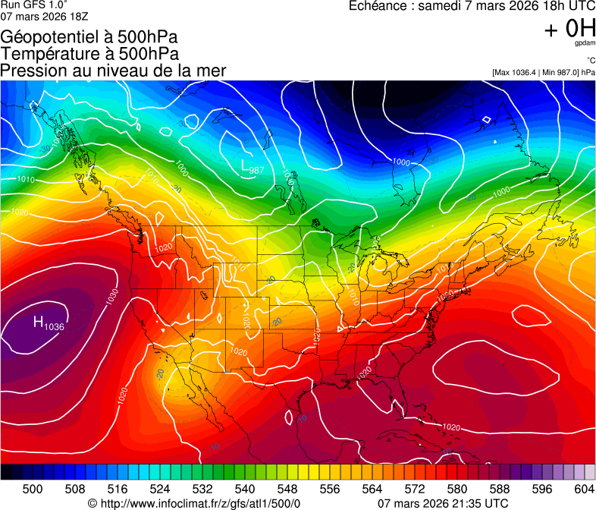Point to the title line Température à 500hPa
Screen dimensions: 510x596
pos(89,54)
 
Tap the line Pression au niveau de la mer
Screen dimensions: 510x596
pos(113,71)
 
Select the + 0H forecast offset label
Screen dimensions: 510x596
pos(569,29)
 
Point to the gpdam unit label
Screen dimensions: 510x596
pos(585,44)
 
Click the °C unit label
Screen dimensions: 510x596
pos(590,61)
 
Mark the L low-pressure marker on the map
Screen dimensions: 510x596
pos(245,165)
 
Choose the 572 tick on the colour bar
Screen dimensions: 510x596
pos(415,488)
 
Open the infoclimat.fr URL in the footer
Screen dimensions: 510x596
pos(200,503)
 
